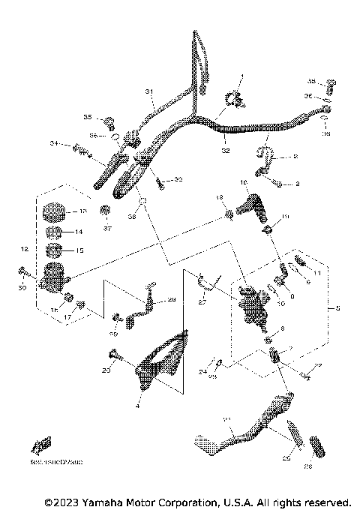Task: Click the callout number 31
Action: point(148,91)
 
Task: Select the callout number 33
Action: point(178,180)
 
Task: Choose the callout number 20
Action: point(106,370)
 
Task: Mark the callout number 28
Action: point(171,299)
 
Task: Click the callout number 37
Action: point(107,228)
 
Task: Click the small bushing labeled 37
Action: point(106,209)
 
